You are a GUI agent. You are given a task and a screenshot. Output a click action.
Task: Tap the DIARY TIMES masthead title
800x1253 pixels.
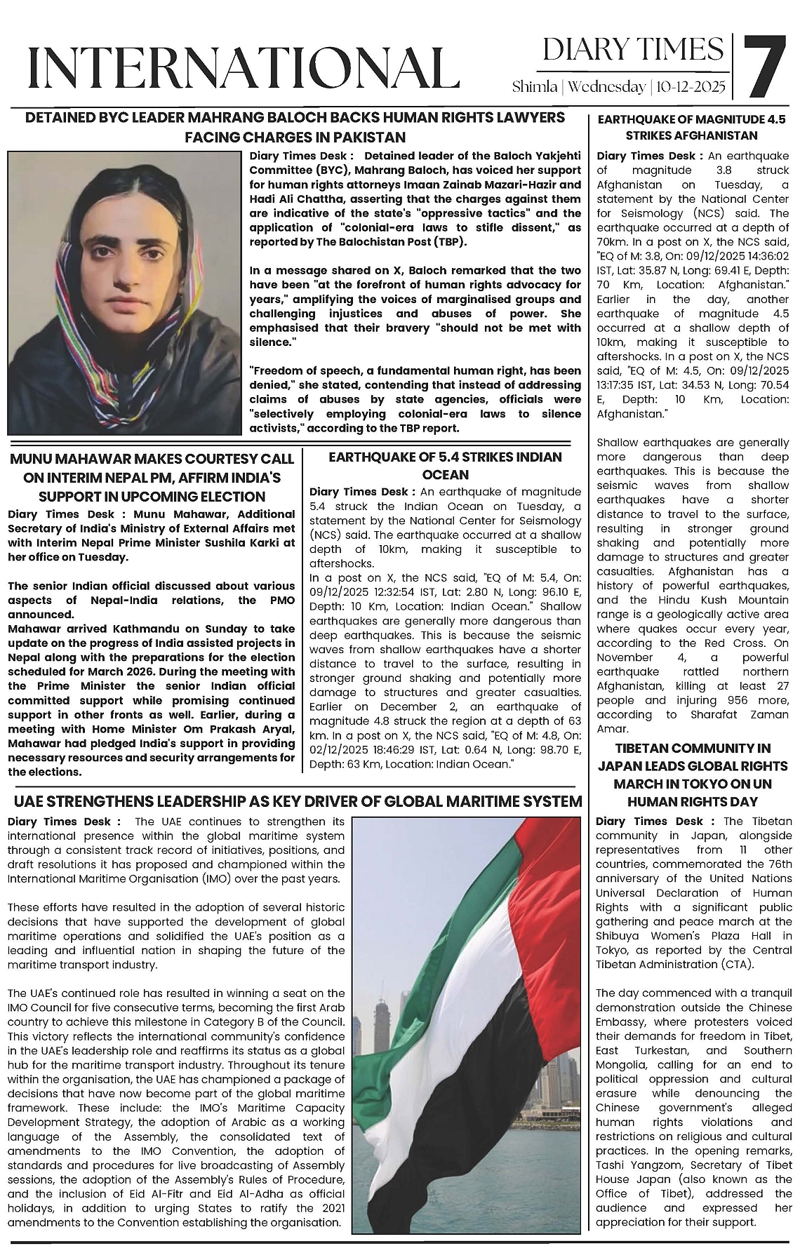pos(633,50)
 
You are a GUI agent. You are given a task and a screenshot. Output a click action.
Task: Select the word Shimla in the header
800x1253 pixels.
pos(535,87)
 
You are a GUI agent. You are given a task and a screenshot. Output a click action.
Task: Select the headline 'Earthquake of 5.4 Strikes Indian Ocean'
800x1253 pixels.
pos(445,465)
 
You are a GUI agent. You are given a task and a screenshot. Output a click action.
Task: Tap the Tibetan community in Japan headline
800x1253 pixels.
pos(693,775)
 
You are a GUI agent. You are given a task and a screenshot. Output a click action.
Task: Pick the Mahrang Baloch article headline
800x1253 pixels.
pos(295,127)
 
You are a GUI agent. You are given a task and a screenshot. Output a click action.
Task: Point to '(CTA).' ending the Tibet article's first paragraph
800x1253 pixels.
pos(736,964)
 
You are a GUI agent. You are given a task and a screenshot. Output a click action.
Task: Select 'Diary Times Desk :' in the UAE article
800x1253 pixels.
pos(64,821)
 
